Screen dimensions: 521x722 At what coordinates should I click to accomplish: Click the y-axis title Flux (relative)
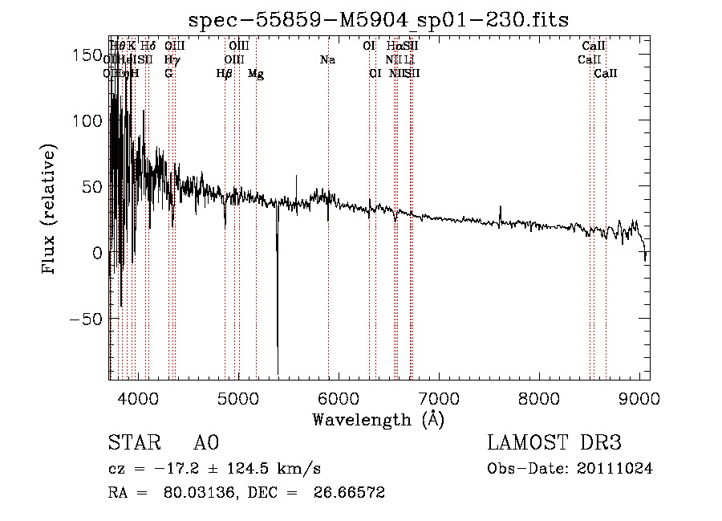[50, 211]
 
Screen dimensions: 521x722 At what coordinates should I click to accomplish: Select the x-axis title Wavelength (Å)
[379, 419]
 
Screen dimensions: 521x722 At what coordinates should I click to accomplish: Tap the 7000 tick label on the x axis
[439, 397]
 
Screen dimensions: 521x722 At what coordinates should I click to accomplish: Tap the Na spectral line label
[327, 60]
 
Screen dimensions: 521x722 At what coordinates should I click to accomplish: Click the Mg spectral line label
[256, 74]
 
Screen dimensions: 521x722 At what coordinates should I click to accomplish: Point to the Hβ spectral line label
[225, 74]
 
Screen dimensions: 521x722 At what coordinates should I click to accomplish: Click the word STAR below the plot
[132, 443]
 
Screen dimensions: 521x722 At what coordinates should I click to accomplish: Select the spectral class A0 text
[206, 443]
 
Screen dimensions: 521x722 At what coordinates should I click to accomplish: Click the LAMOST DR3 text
[554, 443]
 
